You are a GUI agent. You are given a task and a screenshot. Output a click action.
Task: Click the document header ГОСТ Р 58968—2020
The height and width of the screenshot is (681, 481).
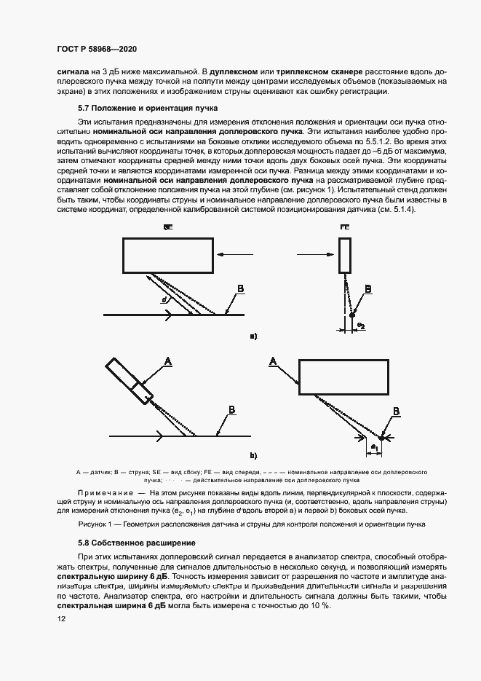tap(96, 49)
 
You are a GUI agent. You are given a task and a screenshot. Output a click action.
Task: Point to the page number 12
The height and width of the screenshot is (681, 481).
tap(61, 618)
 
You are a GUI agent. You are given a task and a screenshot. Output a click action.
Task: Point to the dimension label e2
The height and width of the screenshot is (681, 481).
tap(361, 325)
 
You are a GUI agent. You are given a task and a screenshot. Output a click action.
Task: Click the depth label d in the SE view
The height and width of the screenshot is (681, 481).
tap(165, 299)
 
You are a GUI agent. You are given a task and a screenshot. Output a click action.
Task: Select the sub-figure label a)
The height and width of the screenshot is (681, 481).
tap(253, 336)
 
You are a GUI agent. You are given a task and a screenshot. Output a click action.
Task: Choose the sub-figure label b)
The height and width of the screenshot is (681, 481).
tap(253, 456)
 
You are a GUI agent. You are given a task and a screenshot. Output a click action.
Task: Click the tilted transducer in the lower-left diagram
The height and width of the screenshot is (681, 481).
tap(129, 381)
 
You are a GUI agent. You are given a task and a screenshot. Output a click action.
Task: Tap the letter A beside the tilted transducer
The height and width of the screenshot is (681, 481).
tap(167, 361)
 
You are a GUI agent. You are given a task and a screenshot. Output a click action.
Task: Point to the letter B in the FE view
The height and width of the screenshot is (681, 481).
tap(367, 290)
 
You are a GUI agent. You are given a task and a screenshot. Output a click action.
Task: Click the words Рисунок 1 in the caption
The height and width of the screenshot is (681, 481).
tap(96, 524)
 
